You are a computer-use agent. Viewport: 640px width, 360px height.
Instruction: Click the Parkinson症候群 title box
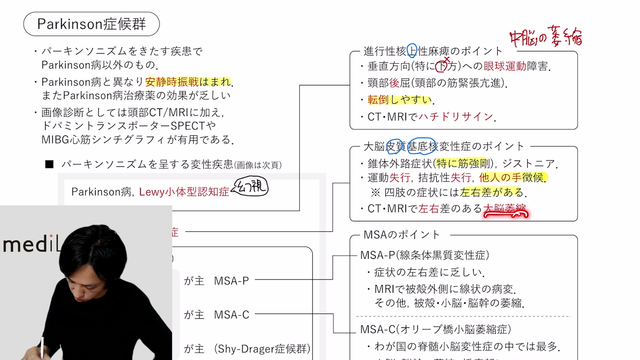[x=91, y=24]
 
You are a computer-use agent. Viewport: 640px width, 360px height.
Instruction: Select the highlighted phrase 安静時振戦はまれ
[x=188, y=82]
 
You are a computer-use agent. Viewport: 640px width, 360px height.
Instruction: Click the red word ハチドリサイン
[x=456, y=117]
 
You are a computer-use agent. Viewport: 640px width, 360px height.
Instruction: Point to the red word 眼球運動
[x=505, y=66]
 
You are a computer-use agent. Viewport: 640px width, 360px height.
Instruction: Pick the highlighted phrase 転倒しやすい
[x=399, y=100]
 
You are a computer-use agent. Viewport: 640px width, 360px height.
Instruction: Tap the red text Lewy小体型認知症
[x=184, y=192]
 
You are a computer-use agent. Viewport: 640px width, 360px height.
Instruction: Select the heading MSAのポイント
[x=402, y=235]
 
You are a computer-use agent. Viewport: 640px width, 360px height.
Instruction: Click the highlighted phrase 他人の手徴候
[x=512, y=178]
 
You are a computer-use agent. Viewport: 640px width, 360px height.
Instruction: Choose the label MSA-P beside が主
[x=231, y=281]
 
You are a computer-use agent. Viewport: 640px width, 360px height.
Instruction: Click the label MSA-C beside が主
[x=231, y=315]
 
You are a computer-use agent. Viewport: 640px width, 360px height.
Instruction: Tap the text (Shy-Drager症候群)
[x=262, y=349]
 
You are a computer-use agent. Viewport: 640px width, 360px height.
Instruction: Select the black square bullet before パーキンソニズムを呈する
[x=49, y=164]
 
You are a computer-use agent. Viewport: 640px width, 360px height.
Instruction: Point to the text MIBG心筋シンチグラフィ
[x=103, y=140]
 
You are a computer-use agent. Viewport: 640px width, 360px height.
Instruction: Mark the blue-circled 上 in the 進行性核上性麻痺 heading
[x=412, y=51]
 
